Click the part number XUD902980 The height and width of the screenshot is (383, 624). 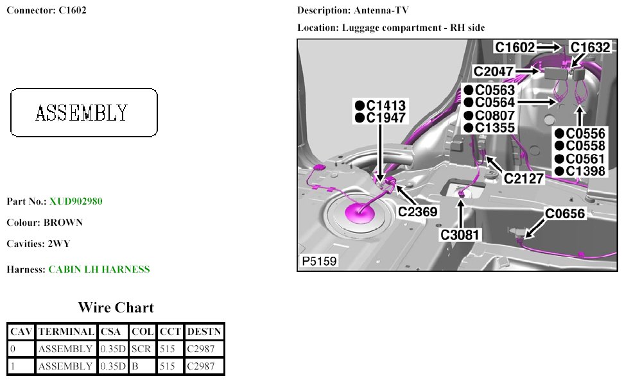click(x=76, y=201)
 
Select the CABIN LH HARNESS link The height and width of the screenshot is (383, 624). click(x=99, y=269)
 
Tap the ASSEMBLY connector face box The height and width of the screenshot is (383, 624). click(x=84, y=113)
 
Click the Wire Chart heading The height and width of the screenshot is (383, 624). click(x=116, y=307)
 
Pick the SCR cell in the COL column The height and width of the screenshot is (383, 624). click(x=141, y=349)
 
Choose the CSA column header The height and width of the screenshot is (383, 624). click(x=113, y=332)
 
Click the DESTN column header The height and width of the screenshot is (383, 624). click(x=204, y=332)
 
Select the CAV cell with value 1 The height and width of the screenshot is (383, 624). click(x=21, y=366)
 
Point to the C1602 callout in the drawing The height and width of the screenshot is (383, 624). click(x=515, y=47)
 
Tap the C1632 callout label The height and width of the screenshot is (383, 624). click(x=590, y=47)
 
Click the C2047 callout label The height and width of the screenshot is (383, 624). click(x=494, y=71)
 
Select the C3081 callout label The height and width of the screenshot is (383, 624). click(x=460, y=235)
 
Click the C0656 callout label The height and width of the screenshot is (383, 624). click(x=566, y=214)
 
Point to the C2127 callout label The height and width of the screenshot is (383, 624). click(x=524, y=178)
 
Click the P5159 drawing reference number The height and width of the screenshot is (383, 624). click(x=319, y=262)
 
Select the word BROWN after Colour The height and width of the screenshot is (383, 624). click(x=63, y=223)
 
